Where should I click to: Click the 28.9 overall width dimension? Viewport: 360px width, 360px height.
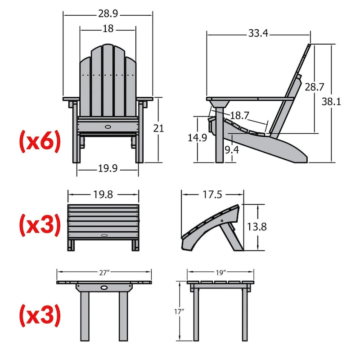pos(108,14)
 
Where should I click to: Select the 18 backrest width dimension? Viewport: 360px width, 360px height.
pos(108,29)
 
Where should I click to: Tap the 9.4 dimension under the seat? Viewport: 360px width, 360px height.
pos(232,150)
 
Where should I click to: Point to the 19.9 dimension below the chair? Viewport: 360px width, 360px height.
pos(108,169)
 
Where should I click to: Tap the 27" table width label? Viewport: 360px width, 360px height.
pos(104,272)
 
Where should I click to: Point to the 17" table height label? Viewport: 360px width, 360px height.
pos(179,311)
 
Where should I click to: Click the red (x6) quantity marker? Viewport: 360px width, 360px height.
pos(39,141)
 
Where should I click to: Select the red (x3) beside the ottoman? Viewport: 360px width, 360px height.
pos(39,225)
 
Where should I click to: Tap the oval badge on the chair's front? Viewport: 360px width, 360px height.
pos(108,127)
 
